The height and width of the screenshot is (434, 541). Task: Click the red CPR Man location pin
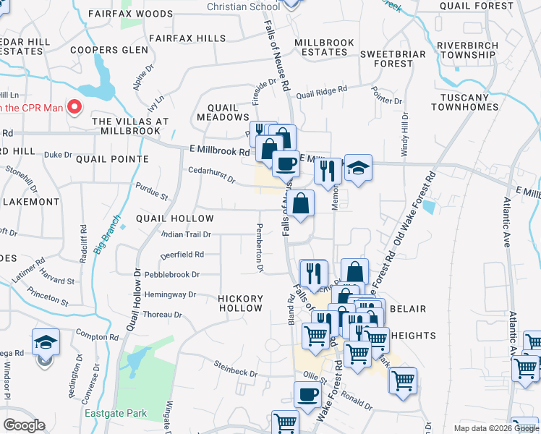pyautogui.click(x=74, y=108)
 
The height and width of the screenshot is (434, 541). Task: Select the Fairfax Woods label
pyautogui.click(x=130, y=14)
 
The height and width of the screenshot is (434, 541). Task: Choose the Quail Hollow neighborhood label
pyautogui.click(x=174, y=218)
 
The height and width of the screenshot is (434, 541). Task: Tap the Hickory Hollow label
pyautogui.click(x=241, y=303)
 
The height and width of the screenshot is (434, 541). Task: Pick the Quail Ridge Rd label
pyautogui.click(x=321, y=92)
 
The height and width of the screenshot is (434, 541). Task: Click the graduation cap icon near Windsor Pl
pyautogui.click(x=45, y=342)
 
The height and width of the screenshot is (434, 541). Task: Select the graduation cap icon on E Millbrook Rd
pyautogui.click(x=357, y=168)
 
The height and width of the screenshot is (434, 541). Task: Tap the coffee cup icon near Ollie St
pyautogui.click(x=307, y=395)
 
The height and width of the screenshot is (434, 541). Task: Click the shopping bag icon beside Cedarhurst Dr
pyautogui.click(x=301, y=203)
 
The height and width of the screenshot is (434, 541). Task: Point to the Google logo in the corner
pyautogui.click(x=24, y=425)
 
